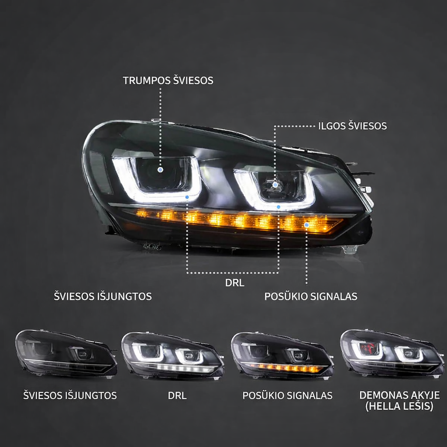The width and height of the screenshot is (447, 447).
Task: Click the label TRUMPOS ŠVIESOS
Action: tap(168, 81)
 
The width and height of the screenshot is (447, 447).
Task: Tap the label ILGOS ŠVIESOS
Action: tap(352, 126)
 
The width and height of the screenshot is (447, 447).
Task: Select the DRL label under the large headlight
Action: tap(234, 283)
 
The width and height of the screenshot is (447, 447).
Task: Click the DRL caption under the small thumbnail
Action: tap(177, 396)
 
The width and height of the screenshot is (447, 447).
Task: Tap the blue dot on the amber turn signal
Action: tap(307, 225)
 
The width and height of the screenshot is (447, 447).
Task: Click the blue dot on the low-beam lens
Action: tap(161, 169)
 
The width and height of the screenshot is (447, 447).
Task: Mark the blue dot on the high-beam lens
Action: tap(275, 185)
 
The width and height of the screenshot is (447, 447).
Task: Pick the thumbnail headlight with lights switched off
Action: tap(66, 354)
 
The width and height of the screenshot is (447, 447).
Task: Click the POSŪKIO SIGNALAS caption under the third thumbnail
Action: tap(287, 396)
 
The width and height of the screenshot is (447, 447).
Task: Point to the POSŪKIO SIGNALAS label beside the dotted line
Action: tap(311, 296)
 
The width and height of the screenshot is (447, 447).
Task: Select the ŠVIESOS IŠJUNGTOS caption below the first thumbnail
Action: tap(70, 396)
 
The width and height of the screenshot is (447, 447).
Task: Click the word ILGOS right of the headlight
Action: tap(331, 126)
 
